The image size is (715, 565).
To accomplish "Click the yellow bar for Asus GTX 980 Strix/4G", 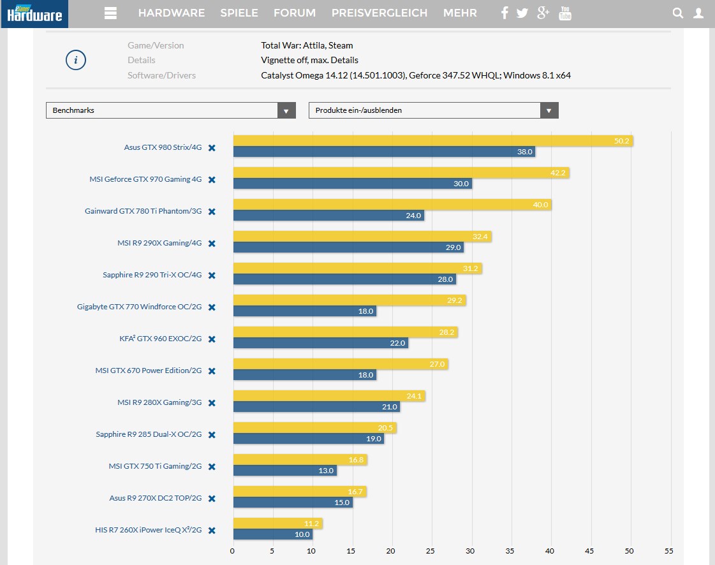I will pyautogui.click(x=432, y=141).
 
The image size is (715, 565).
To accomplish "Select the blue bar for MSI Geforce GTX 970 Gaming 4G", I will pyautogui.click(x=352, y=184).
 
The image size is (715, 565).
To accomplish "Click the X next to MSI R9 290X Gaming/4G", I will pyautogui.click(x=212, y=244).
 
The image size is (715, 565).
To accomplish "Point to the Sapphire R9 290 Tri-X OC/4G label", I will pyautogui.click(x=152, y=275).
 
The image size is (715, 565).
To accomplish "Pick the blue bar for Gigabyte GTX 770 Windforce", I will pyautogui.click(x=304, y=311).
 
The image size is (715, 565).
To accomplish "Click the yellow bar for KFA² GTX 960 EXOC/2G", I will pyautogui.click(x=345, y=332).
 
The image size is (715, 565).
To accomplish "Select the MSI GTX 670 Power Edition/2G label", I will pyautogui.click(x=148, y=371).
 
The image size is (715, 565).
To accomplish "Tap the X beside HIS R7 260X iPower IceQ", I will pyautogui.click(x=212, y=531).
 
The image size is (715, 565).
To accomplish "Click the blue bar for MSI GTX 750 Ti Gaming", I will pyautogui.click(x=284, y=471).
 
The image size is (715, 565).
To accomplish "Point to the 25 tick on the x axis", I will pyautogui.click(x=431, y=551).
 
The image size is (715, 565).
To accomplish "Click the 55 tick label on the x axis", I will pyautogui.click(x=668, y=551).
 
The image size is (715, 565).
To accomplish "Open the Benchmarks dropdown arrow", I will pyautogui.click(x=286, y=110).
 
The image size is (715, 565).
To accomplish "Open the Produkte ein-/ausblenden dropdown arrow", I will pyautogui.click(x=549, y=110).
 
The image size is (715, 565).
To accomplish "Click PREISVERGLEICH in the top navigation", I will pyautogui.click(x=379, y=13).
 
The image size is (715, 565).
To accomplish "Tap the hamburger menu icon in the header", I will pyautogui.click(x=110, y=13).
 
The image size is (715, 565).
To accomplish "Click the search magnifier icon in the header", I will pyautogui.click(x=678, y=13).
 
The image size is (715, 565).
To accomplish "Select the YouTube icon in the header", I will pyautogui.click(x=564, y=13).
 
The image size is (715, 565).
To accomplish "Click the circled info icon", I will pyautogui.click(x=76, y=61).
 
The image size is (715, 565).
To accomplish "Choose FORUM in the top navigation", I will pyautogui.click(x=294, y=13).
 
